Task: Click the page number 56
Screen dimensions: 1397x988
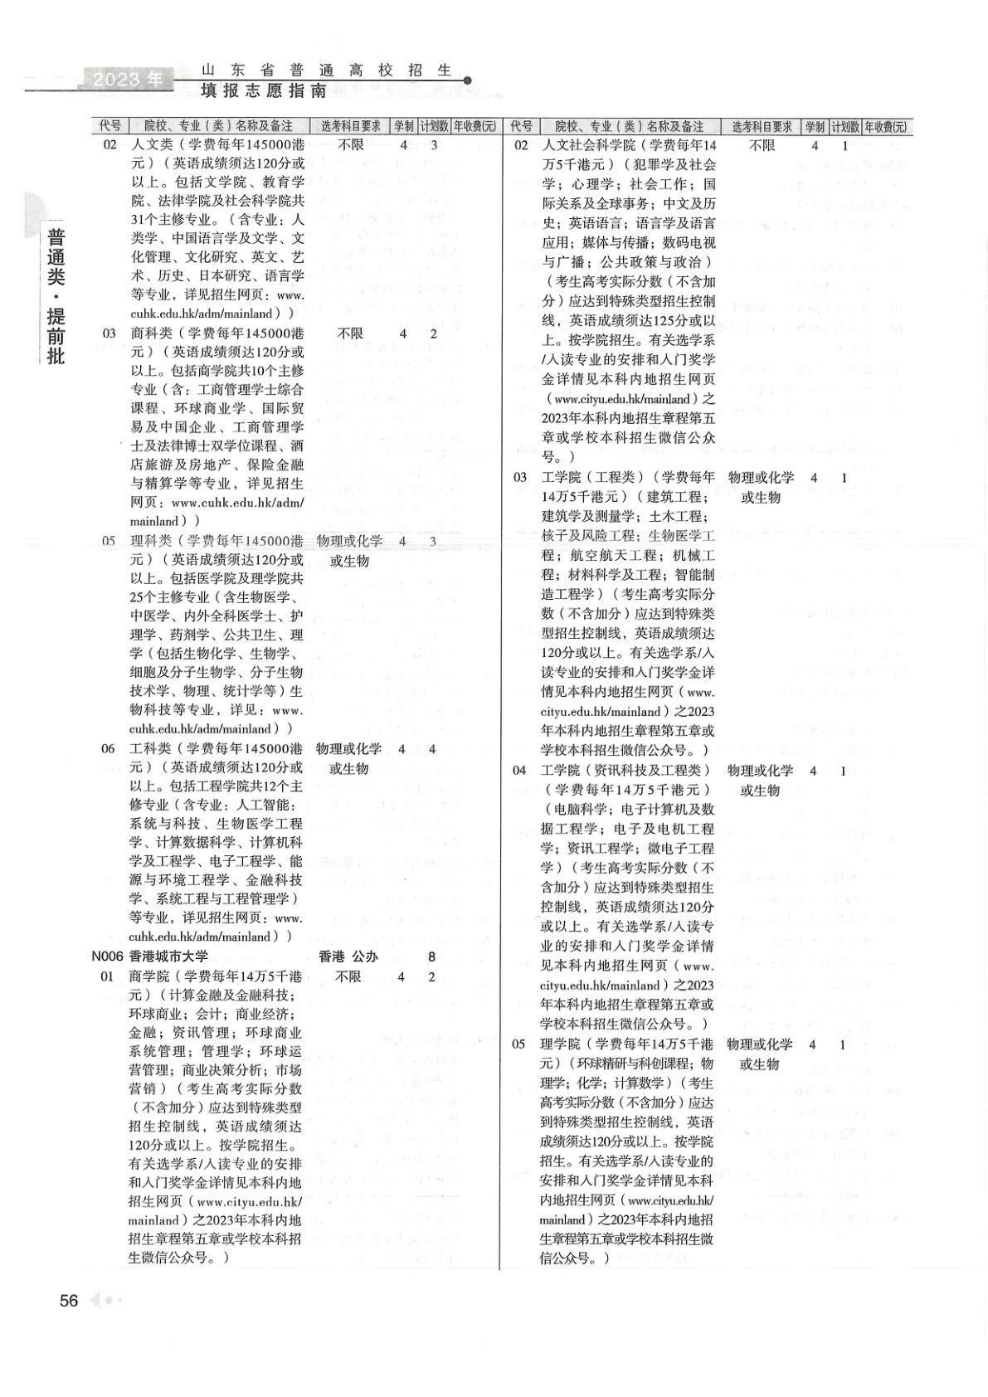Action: [x=69, y=1300]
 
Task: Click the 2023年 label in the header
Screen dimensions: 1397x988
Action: [x=128, y=80]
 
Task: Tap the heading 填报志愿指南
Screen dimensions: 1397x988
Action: [x=264, y=90]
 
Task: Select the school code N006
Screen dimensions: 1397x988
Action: [x=108, y=956]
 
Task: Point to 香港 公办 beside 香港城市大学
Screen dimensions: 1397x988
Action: [x=348, y=956]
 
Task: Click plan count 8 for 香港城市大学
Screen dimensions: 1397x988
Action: [x=432, y=956]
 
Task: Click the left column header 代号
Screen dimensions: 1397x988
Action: [x=110, y=126]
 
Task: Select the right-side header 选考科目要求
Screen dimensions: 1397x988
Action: [x=762, y=126]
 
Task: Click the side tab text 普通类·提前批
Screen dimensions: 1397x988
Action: [x=56, y=294]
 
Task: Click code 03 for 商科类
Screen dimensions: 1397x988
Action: [x=110, y=333]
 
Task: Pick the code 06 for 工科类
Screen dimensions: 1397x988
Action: [x=109, y=748]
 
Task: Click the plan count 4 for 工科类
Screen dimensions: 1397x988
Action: [x=432, y=748]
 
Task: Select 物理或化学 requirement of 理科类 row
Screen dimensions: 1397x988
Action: [x=350, y=541]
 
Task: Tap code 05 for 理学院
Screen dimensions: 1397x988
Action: [x=519, y=1044]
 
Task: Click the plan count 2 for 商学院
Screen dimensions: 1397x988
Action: [x=432, y=976]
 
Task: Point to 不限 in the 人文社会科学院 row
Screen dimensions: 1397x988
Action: [x=762, y=146]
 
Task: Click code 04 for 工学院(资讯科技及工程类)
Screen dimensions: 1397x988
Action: [x=519, y=770]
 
